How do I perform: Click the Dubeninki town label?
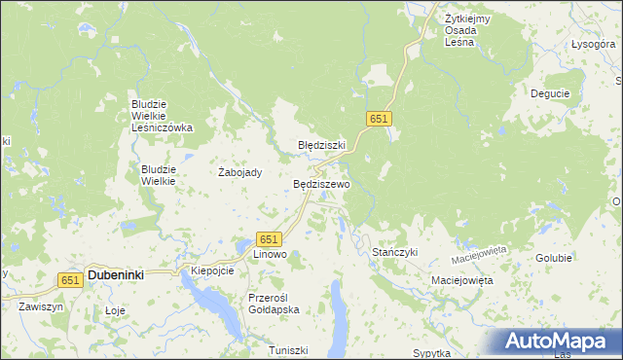point(116,275)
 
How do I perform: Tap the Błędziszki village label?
point(321,145)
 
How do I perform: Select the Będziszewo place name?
point(321,184)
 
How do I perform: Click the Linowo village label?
point(270,254)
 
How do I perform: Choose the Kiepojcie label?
point(212,270)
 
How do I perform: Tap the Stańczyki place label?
point(395,252)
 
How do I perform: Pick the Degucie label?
point(550,93)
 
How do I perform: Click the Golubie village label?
point(554,258)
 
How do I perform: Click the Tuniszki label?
point(289,349)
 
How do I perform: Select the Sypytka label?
point(433,352)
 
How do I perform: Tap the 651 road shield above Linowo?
point(270,239)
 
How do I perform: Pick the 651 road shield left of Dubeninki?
point(68,279)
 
